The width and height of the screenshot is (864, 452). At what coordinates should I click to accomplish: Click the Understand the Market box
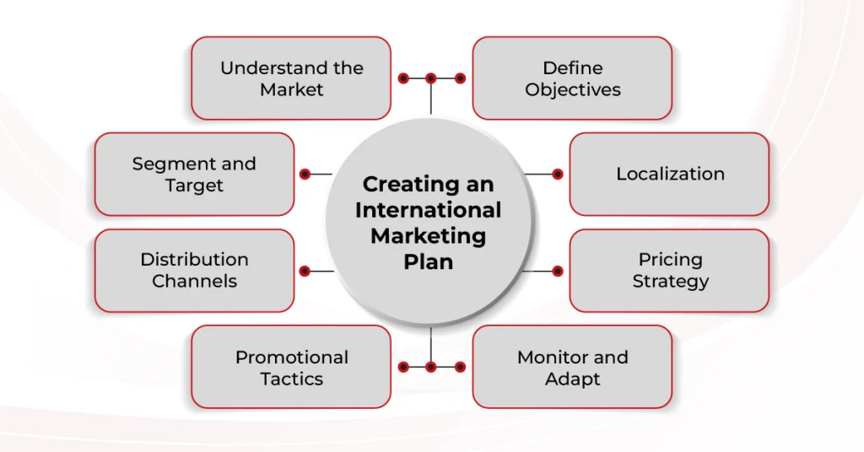[291, 78]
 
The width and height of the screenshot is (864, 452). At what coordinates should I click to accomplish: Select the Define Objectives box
[572, 78]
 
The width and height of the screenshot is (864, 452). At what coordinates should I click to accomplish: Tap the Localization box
[669, 174]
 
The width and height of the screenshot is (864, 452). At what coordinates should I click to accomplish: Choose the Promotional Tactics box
[291, 368]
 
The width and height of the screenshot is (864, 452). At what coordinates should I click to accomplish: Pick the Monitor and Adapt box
[572, 368]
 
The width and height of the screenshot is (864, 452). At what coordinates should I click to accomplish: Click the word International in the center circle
[428, 209]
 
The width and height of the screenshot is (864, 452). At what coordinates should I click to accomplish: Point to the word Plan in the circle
[428, 261]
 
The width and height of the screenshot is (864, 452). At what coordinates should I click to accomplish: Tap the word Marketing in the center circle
[428, 235]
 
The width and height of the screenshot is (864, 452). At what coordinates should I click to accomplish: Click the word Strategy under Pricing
[670, 282]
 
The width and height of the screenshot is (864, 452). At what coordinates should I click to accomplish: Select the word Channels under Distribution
[194, 282]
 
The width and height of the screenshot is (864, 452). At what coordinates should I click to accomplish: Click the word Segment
[164, 164]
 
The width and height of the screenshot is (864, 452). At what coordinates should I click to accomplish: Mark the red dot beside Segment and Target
[305, 175]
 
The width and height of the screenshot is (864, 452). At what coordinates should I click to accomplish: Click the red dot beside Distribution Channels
[305, 271]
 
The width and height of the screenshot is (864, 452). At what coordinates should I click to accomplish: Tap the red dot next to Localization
[557, 175]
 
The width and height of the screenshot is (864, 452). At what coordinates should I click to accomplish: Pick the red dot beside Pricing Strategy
[557, 271]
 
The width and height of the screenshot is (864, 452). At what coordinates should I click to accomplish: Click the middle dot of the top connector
[431, 78]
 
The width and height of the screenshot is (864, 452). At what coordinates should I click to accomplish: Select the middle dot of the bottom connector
[431, 367]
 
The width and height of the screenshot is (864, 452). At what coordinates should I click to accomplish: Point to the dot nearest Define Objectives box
[460, 78]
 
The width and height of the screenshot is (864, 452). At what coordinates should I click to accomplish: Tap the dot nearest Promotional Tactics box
[403, 367]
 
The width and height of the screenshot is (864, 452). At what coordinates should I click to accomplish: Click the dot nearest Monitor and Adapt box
[460, 367]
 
